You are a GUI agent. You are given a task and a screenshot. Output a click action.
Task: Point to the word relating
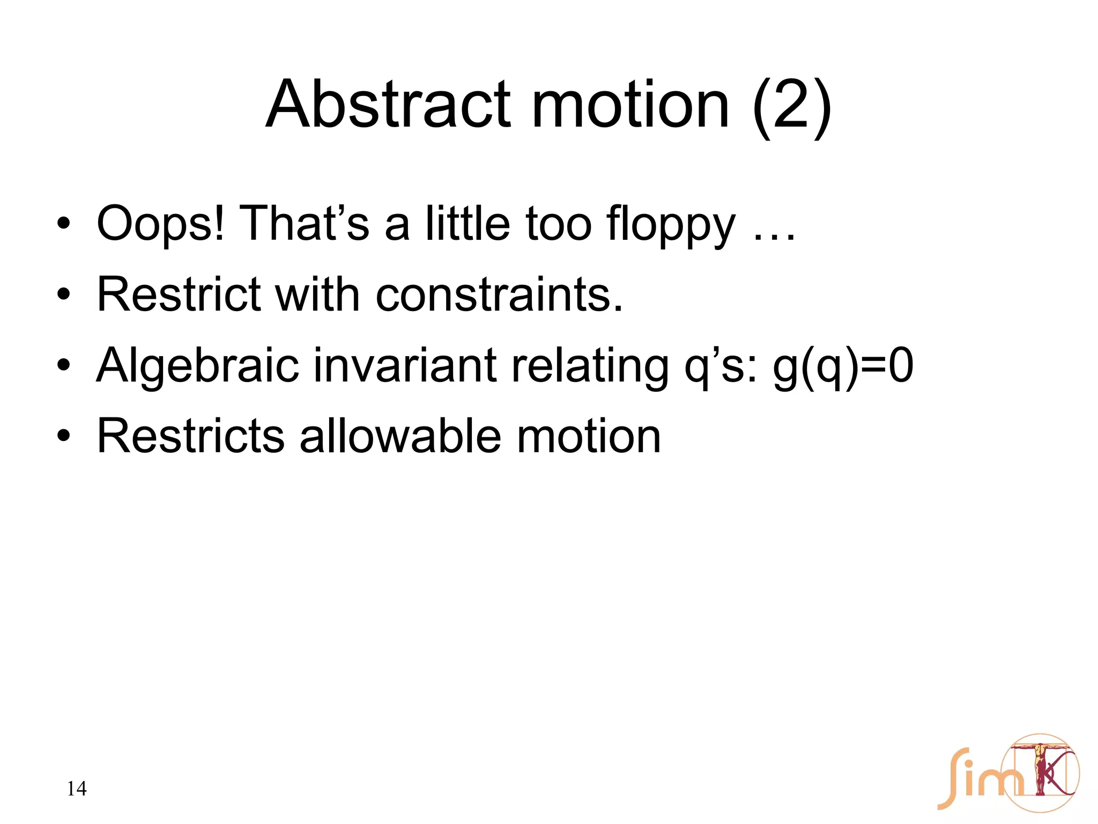(x=590, y=366)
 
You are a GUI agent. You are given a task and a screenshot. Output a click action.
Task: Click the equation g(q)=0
(x=842, y=366)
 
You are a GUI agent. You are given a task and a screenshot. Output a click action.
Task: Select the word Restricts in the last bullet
(x=190, y=436)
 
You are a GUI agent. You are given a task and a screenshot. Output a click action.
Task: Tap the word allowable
(x=400, y=436)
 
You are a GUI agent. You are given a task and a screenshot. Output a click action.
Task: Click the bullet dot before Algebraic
(x=64, y=365)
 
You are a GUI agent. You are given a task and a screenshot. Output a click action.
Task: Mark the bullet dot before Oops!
(x=64, y=224)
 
